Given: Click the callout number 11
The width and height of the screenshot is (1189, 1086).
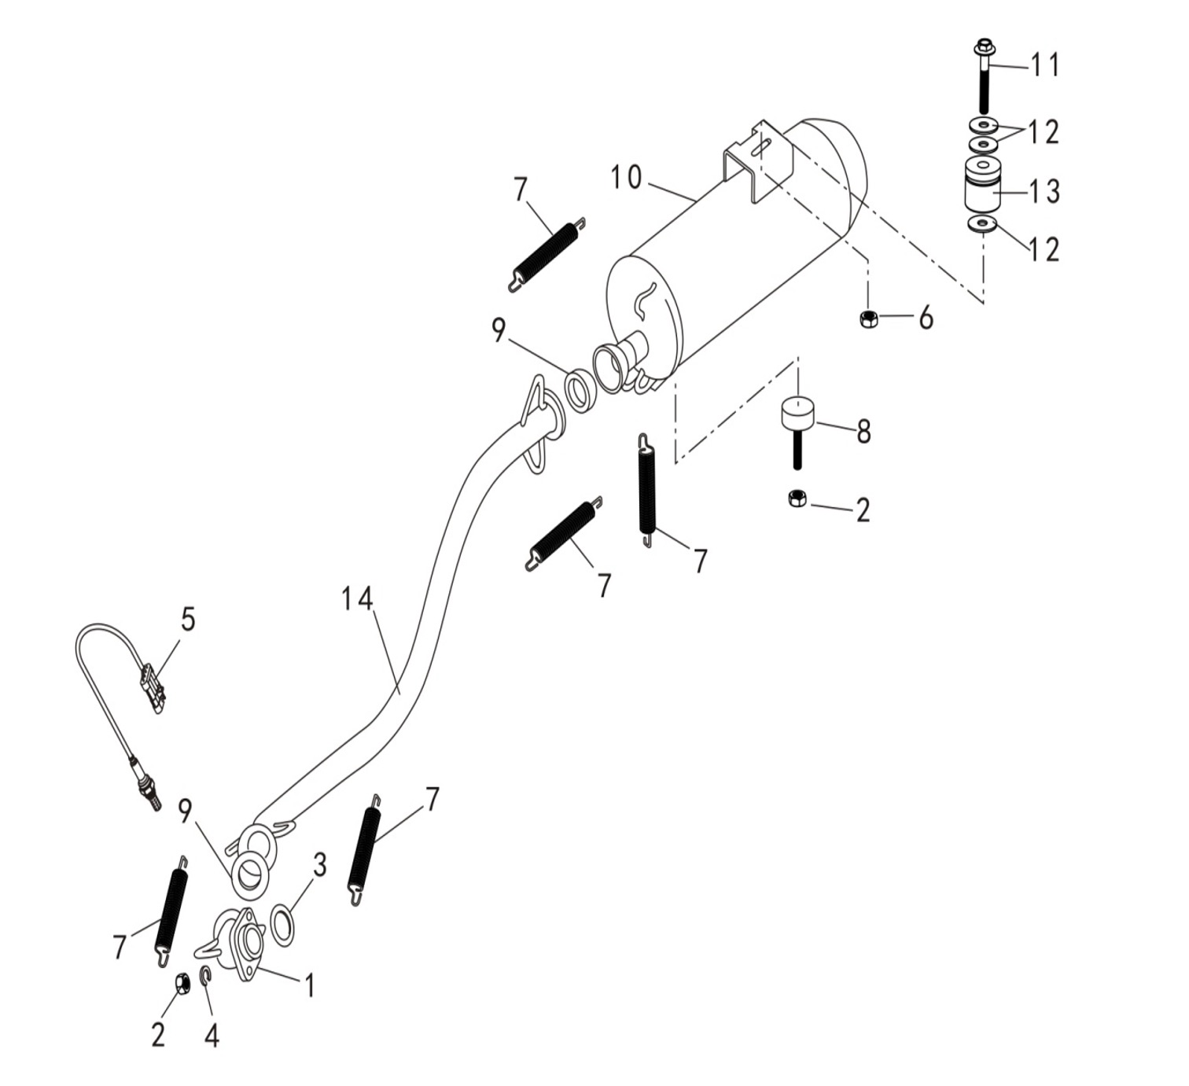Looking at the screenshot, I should pyautogui.click(x=1045, y=65).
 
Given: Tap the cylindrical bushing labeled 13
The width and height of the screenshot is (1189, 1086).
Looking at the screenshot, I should pyautogui.click(x=983, y=186).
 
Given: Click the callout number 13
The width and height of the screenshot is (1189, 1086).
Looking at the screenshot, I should pyautogui.click(x=1045, y=191).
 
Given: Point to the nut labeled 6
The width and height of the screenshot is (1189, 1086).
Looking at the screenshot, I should pyautogui.click(x=869, y=318).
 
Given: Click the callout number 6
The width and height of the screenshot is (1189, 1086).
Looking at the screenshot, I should pyautogui.click(x=926, y=318).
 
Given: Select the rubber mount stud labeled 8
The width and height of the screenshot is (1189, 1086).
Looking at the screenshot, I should pyautogui.click(x=798, y=425).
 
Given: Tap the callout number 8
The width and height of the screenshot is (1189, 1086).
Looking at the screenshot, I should pyautogui.click(x=863, y=432).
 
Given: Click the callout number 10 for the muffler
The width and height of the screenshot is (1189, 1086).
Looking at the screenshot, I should pyautogui.click(x=627, y=179).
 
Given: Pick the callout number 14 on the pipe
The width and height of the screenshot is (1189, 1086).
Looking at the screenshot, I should pyautogui.click(x=357, y=599).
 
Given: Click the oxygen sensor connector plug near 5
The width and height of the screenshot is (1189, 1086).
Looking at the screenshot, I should pyautogui.click(x=152, y=686).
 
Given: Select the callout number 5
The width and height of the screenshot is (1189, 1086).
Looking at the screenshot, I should pyautogui.click(x=188, y=620).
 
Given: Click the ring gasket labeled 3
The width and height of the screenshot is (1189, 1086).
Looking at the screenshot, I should pyautogui.click(x=282, y=926).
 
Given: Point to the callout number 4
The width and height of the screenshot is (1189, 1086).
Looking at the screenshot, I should pyautogui.click(x=212, y=1036).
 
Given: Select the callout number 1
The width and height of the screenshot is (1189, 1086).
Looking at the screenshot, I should pyautogui.click(x=309, y=985).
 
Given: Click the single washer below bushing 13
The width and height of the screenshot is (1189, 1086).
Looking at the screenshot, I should pyautogui.click(x=981, y=225).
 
